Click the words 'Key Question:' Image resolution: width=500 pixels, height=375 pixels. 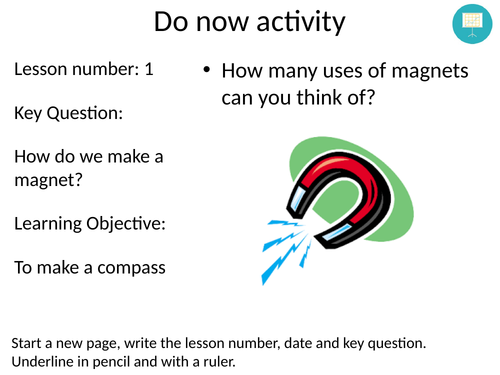tap(68, 113)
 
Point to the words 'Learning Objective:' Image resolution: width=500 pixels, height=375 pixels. tap(90, 222)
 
